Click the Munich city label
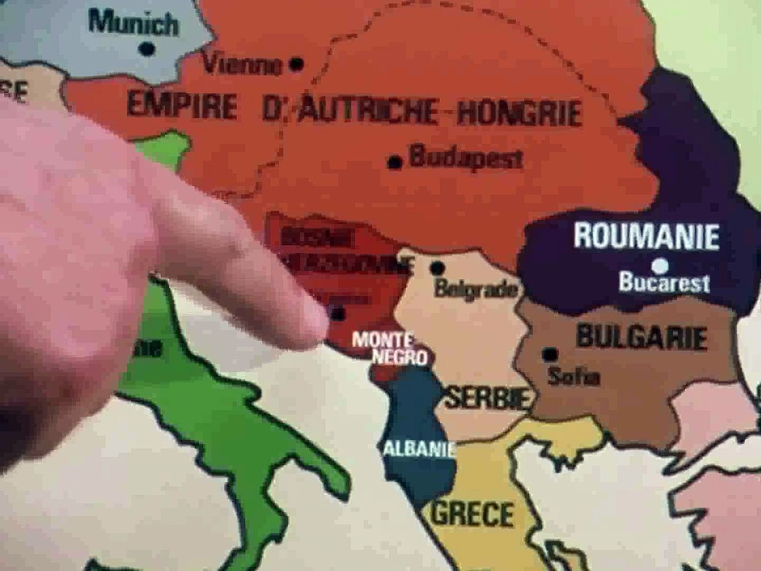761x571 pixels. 133,22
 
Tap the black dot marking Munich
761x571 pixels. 147,49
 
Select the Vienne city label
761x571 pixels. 243,63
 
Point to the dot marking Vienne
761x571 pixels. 296,63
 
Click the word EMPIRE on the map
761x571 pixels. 182,106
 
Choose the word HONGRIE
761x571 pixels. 519,113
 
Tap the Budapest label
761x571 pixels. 466,158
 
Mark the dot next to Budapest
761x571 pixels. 395,163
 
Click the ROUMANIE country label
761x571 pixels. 646,236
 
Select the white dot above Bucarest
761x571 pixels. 660,266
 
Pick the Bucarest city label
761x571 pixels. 664,283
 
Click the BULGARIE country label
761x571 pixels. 641,337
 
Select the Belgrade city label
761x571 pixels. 476,289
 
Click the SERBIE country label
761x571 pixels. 486,397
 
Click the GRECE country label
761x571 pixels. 472,513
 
